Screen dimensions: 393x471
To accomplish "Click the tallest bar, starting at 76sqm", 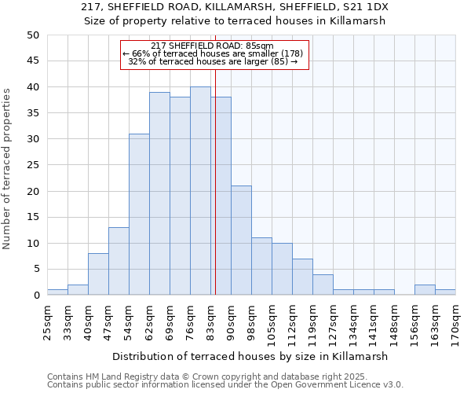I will pyautogui.click(x=200, y=191).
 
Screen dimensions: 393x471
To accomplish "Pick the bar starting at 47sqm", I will pyautogui.click(x=119, y=261).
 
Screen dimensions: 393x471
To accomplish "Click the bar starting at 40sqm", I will pyautogui.click(x=98, y=274).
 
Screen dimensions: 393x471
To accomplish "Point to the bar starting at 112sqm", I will pyautogui.click(x=302, y=277).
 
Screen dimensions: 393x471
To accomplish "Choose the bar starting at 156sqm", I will pyautogui.click(x=425, y=290).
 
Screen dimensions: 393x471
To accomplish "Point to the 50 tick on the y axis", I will pyautogui.click(x=32, y=35).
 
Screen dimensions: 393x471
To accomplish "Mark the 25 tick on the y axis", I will pyautogui.click(x=32, y=165).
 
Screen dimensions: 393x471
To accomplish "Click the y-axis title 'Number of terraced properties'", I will pyautogui.click(x=8, y=168).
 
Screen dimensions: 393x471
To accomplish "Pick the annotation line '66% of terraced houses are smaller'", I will pyautogui.click(x=214, y=53).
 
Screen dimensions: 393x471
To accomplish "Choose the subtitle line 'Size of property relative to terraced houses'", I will pyautogui.click(x=235, y=21).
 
